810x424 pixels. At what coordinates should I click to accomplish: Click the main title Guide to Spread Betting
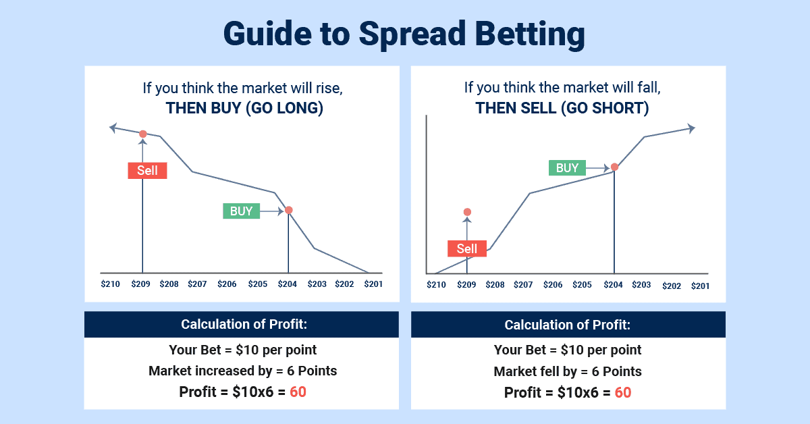[x=404, y=34]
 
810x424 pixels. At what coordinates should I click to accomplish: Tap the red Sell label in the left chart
[x=147, y=170]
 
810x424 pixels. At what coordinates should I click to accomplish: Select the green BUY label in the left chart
[x=241, y=211]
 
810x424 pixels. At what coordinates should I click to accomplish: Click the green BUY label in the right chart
[x=567, y=168]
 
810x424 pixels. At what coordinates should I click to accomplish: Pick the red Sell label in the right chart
[x=467, y=248]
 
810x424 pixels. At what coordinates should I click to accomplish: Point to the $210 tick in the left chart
[x=110, y=284]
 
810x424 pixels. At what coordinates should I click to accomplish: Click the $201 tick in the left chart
[x=373, y=284]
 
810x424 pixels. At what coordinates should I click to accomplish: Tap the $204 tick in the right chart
[x=613, y=285]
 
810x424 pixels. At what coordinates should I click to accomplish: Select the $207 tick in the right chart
[x=523, y=285]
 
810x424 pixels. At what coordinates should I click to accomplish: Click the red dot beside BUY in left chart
[x=289, y=210]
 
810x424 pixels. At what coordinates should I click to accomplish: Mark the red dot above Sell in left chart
[x=142, y=134]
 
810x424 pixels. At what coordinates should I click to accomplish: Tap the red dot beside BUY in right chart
[x=614, y=167]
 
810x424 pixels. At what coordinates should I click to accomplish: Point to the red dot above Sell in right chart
[x=467, y=213]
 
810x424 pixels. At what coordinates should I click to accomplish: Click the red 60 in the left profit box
[x=298, y=392]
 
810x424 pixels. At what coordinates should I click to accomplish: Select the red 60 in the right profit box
[x=623, y=392]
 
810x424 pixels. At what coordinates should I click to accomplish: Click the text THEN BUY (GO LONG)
[x=244, y=108]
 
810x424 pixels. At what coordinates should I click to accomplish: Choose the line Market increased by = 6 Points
[x=242, y=371]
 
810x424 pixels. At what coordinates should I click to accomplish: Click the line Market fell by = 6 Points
[x=568, y=371]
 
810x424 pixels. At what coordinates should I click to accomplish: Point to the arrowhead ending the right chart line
[x=691, y=128]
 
